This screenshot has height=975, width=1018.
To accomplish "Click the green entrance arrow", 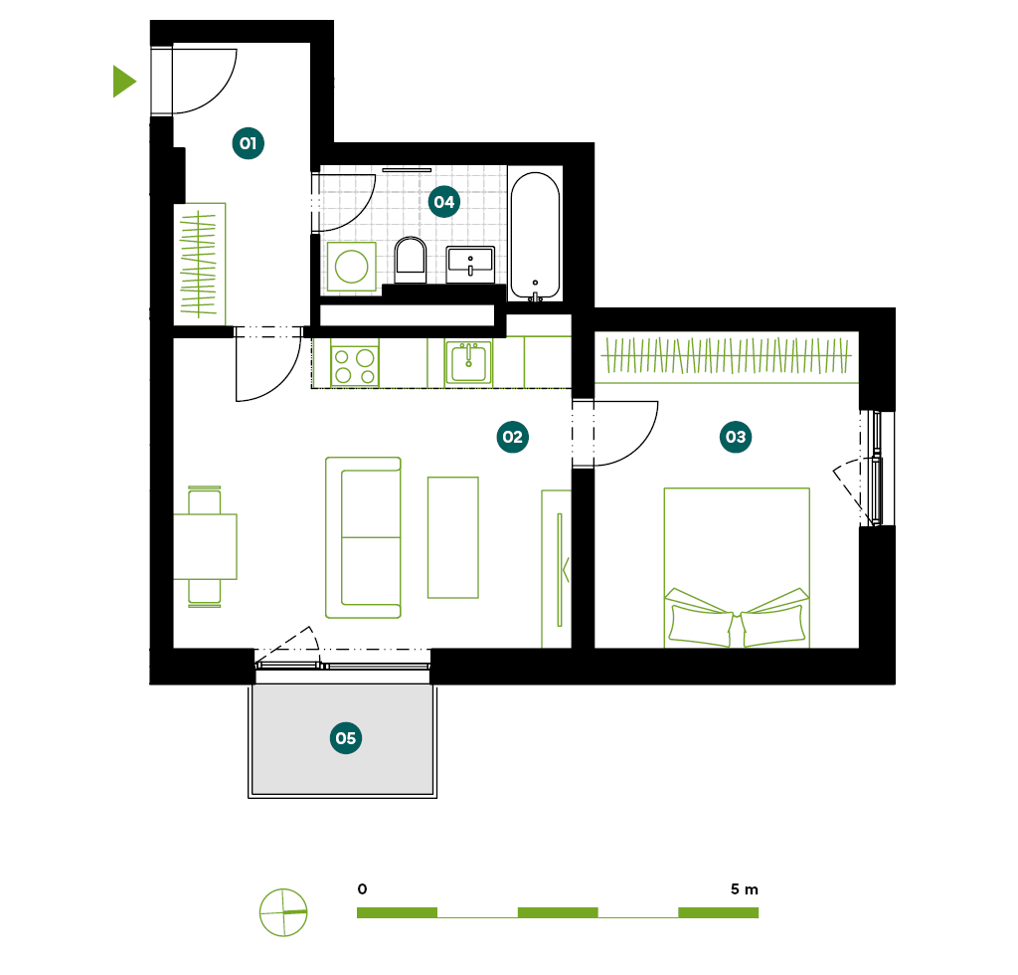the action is pyautogui.click(x=123, y=82).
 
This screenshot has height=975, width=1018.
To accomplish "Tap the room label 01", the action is pyautogui.click(x=248, y=143).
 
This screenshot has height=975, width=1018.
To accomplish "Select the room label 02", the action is pyautogui.click(x=512, y=437).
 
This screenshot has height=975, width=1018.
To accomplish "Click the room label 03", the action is pyautogui.click(x=736, y=437).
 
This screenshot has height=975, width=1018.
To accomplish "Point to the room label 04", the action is pyautogui.click(x=444, y=201).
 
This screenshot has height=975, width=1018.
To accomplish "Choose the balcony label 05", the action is pyautogui.click(x=345, y=738).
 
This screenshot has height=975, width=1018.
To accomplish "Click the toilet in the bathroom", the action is pyautogui.click(x=411, y=260).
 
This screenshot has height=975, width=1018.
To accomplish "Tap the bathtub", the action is pyautogui.click(x=535, y=235).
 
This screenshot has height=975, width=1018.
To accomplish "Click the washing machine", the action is pyautogui.click(x=351, y=267).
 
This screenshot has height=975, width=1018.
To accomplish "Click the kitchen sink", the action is pyautogui.click(x=468, y=362).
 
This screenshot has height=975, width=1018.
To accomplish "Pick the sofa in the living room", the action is pyautogui.click(x=363, y=537).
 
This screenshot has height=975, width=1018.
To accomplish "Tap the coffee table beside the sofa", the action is pyautogui.click(x=453, y=537).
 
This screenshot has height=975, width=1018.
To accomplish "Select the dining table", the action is pyautogui.click(x=205, y=546).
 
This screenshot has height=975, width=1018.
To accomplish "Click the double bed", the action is pyautogui.click(x=737, y=568).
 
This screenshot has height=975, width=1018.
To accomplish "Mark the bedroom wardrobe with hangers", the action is pyautogui.click(x=727, y=357).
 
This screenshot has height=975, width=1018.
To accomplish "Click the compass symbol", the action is pyautogui.click(x=283, y=912).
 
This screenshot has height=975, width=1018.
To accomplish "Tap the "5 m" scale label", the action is pyautogui.click(x=744, y=888).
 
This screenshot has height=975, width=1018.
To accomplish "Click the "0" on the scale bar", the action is pyautogui.click(x=362, y=888).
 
